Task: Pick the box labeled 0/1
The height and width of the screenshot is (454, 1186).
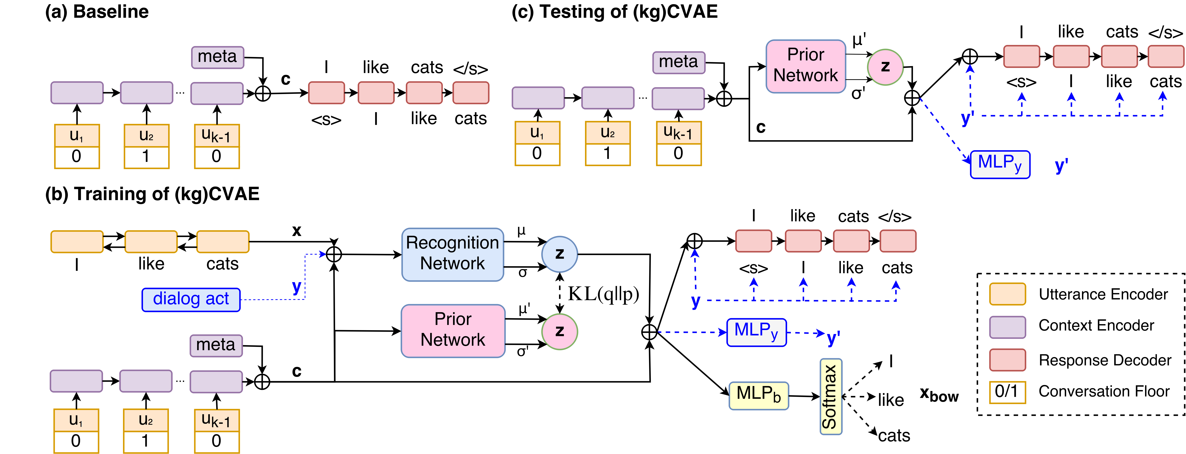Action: click(x=1007, y=392)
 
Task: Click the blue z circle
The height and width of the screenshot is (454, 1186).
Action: click(x=559, y=254)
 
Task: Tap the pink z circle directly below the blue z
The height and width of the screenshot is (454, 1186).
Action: click(x=559, y=331)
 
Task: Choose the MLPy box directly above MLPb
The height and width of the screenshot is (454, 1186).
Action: click(x=756, y=332)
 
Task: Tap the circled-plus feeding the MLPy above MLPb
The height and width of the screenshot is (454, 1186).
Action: click(x=649, y=332)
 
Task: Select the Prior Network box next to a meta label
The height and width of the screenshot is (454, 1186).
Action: click(x=806, y=66)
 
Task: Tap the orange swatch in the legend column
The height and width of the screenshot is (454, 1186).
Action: click(x=1007, y=294)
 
